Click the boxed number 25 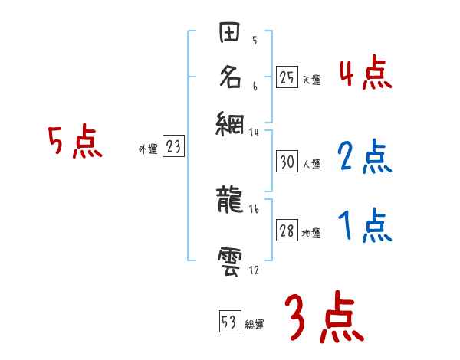coord(287,77)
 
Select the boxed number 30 coord(287,162)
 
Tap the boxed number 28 coord(287,231)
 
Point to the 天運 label coord(311,79)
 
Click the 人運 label coord(311,164)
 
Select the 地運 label coord(311,234)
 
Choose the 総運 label coord(254,325)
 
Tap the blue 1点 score coord(365,225)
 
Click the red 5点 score coord(74,141)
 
